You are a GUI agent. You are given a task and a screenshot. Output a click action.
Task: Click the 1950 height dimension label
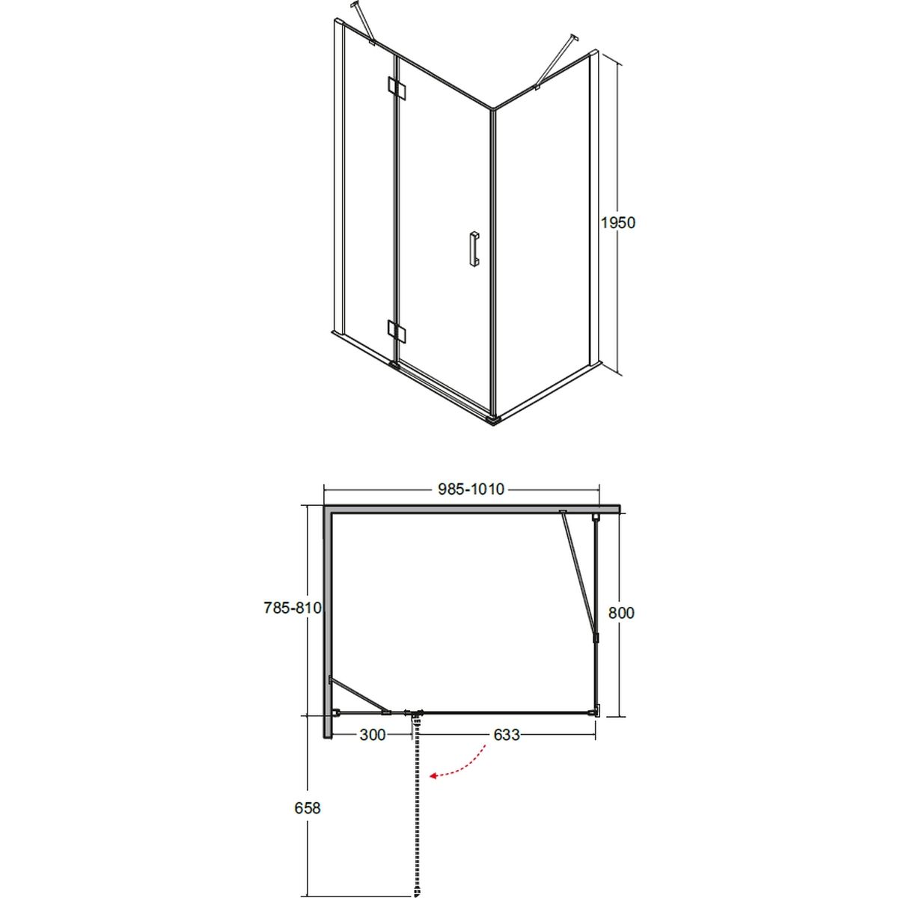617,223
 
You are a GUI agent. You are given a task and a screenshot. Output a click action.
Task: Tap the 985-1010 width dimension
471,489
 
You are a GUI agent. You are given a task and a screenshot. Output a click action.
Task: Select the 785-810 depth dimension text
293,608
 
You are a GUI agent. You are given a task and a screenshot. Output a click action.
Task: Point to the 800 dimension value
621,613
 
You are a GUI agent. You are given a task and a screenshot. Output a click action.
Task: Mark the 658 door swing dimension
308,807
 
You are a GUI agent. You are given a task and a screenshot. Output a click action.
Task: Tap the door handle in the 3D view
474,249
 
